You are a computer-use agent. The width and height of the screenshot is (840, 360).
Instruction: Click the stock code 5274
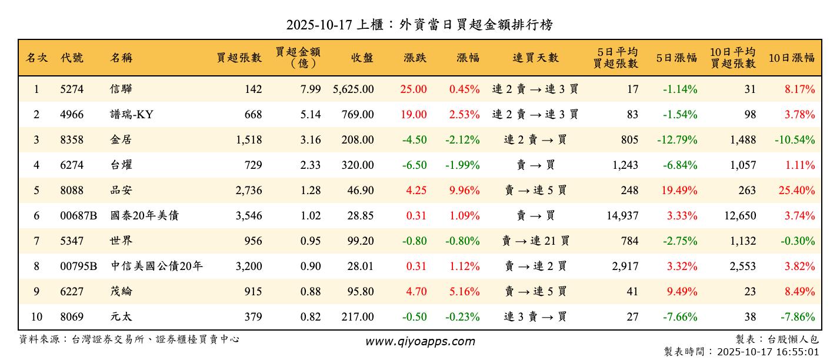(x=72, y=89)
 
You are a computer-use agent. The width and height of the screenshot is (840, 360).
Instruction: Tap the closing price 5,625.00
(x=353, y=89)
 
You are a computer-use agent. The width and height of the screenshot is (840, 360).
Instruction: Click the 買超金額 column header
(x=298, y=57)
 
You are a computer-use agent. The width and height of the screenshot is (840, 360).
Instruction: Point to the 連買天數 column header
(x=535, y=58)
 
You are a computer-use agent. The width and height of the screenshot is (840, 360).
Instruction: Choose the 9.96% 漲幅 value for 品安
(x=464, y=191)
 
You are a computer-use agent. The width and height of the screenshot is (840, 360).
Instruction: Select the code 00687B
(x=78, y=216)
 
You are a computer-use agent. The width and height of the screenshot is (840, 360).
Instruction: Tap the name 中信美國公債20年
(x=157, y=266)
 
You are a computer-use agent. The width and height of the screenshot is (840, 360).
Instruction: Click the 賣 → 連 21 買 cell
(x=535, y=241)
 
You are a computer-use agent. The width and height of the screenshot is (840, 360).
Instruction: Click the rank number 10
(x=36, y=317)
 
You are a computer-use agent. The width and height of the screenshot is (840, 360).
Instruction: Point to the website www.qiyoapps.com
(x=419, y=341)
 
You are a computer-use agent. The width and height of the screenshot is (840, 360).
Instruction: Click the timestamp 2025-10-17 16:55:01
(x=767, y=352)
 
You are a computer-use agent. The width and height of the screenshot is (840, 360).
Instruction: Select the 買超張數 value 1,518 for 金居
(x=247, y=140)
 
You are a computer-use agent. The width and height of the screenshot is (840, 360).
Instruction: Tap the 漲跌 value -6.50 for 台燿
(x=414, y=165)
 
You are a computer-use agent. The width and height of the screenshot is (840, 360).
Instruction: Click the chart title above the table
(x=419, y=25)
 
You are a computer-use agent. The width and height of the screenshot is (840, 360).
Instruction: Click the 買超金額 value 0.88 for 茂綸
(x=311, y=292)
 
